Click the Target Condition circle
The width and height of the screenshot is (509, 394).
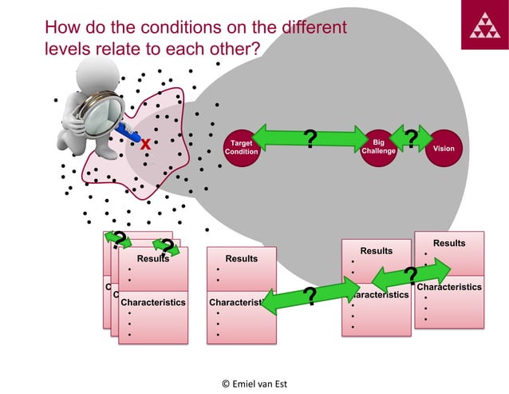tap(241, 148)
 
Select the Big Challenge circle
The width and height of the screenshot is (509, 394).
tap(378, 148)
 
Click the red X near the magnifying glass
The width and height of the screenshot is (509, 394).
tap(145, 145)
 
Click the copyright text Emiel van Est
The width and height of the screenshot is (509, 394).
tap(254, 383)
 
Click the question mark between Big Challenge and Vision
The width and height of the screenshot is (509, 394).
tap(411, 138)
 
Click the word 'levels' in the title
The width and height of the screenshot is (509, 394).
tap(68, 49)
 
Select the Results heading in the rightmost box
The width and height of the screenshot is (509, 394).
tap(449, 243)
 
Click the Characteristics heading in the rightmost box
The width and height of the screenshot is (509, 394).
tap(449, 286)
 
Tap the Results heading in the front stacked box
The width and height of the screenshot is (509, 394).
tap(152, 259)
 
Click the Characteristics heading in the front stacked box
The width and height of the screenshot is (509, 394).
tap(152, 302)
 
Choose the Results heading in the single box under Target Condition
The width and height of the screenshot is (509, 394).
tap(241, 259)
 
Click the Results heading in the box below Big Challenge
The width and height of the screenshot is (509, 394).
tap(376, 251)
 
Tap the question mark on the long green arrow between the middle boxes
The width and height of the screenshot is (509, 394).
tap(310, 297)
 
